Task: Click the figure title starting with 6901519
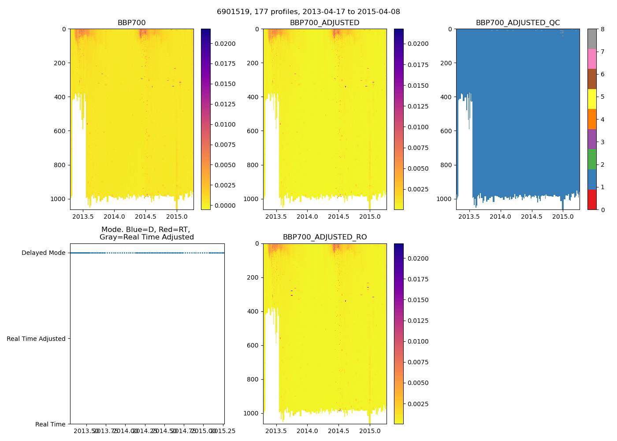[x=308, y=12]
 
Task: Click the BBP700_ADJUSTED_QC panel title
[x=518, y=23]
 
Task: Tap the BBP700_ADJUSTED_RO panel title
[x=325, y=237]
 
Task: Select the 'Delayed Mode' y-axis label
[x=43, y=253]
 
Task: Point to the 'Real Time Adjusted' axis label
[x=36, y=339]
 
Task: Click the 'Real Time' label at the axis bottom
[x=50, y=424]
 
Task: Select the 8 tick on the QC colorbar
[x=602, y=29]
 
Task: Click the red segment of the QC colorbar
[x=592, y=199]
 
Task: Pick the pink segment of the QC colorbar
[x=592, y=59]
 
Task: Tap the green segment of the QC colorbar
[x=592, y=159]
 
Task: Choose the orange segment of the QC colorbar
[x=592, y=119]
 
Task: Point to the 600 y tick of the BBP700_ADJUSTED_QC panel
[x=446, y=131]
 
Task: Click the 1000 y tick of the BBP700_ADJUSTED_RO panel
[x=252, y=413]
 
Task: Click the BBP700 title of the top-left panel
[x=131, y=23]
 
